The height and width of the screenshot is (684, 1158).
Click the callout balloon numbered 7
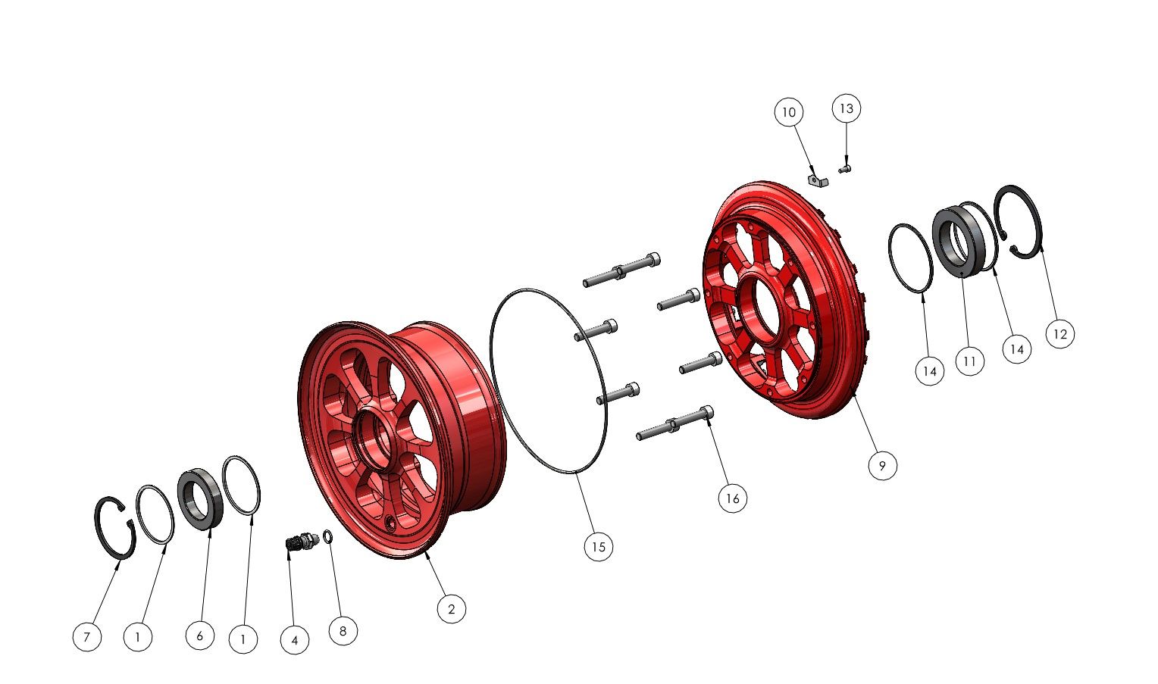pyautogui.click(x=87, y=636)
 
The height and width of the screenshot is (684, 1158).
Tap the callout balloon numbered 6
pyautogui.click(x=200, y=636)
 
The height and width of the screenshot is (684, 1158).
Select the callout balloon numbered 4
pyautogui.click(x=295, y=640)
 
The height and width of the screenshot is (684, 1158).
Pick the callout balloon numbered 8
pyautogui.click(x=343, y=631)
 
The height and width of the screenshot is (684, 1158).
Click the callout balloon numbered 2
pyautogui.click(x=452, y=608)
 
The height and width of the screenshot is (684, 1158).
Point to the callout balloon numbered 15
pyautogui.click(x=599, y=547)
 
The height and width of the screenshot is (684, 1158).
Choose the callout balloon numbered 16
pyautogui.click(x=733, y=498)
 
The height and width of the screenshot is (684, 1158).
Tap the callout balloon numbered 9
pyautogui.click(x=882, y=466)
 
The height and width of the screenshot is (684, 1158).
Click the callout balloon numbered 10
pyautogui.click(x=789, y=112)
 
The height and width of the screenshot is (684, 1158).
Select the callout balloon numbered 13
pyautogui.click(x=847, y=108)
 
